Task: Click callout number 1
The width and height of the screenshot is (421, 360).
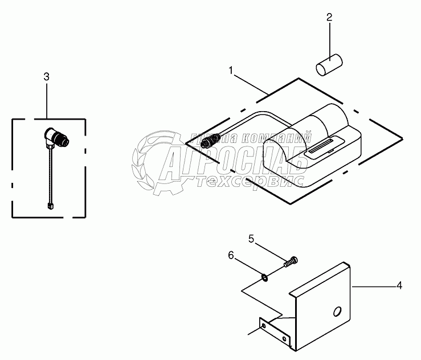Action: click(231, 70)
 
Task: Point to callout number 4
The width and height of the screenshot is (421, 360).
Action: click(399, 285)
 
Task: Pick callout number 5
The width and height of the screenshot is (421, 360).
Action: click(251, 239)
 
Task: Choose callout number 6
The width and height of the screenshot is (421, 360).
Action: click(231, 256)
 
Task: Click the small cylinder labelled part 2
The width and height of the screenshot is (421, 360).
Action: click(328, 63)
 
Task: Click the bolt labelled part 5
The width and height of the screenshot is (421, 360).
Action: click(291, 262)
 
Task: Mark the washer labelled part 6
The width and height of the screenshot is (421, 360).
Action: click(265, 277)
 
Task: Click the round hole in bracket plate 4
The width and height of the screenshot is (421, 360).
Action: click(337, 310)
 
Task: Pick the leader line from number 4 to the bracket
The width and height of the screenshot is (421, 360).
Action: click(373, 286)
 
